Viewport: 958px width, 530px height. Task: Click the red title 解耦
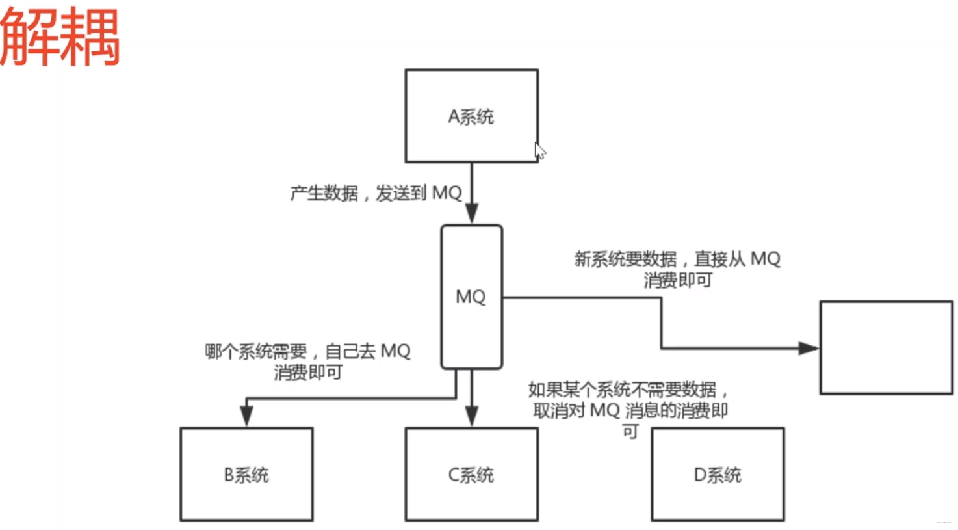pos(60,38)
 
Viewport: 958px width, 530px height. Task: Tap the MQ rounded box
pos(471,325)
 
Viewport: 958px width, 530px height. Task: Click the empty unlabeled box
pos(886,348)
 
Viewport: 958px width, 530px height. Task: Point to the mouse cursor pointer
pos(539,151)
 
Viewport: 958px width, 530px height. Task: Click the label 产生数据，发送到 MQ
pos(376,193)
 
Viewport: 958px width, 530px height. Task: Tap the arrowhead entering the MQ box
pos(472,214)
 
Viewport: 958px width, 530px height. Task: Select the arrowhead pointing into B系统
pos(246,415)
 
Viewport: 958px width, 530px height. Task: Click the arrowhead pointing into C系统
pos(472,416)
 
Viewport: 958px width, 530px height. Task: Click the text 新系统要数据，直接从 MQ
pos(677,259)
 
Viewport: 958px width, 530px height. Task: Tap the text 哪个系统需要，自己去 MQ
pos(307,352)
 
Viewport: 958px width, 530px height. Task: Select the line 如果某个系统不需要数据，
pos(628,390)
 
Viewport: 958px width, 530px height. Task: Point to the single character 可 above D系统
pos(630,431)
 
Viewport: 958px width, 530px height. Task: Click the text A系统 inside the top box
pos(471,116)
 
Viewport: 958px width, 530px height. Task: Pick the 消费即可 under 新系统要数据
pos(678,280)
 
